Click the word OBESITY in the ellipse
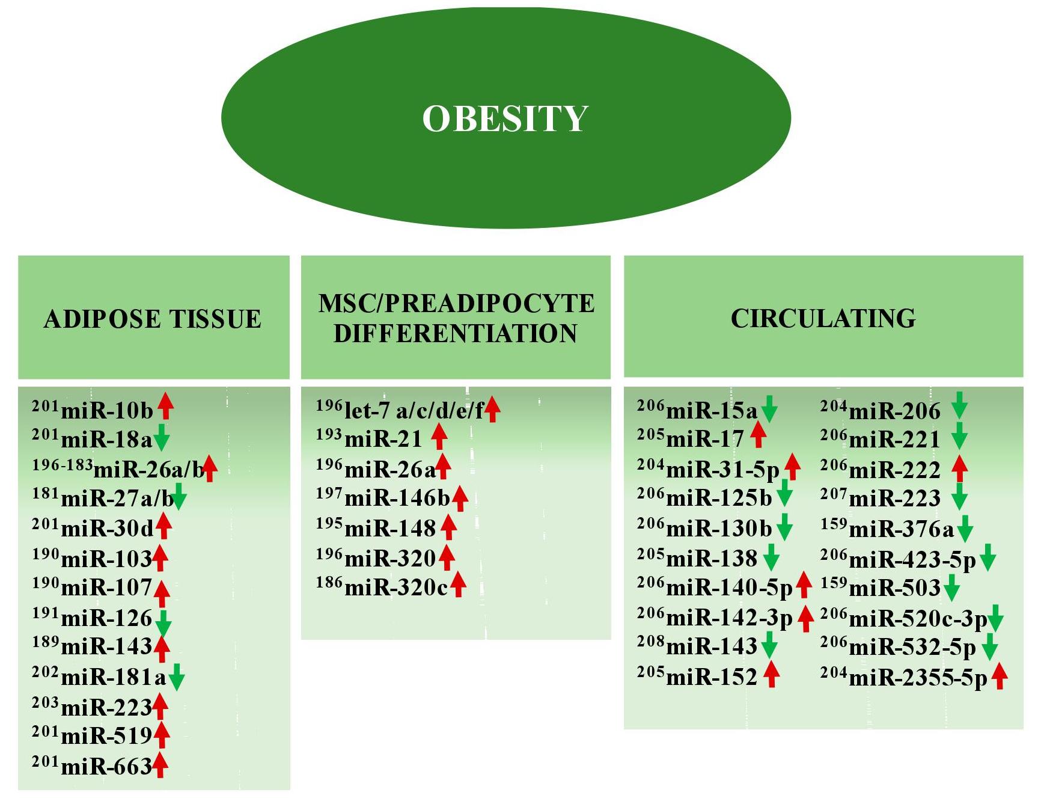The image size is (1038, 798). pos(505,118)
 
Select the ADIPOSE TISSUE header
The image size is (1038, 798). pos(153,319)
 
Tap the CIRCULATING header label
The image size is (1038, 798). pos(823,318)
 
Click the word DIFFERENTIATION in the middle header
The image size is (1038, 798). pos(456,333)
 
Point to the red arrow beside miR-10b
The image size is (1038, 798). pos(166,405)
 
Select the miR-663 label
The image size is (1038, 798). pos(106,767)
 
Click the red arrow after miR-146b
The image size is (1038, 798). pos(460,498)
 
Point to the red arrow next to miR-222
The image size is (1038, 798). pos(960,468)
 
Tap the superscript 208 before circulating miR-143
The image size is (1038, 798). pos(650,642)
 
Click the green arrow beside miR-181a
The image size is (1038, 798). pos(177,677)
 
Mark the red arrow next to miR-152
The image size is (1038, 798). pos(772,674)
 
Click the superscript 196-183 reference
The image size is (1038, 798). pos(63,464)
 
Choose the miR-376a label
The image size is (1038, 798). pos(901,530)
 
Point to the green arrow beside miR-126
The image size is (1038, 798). pos(163,622)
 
